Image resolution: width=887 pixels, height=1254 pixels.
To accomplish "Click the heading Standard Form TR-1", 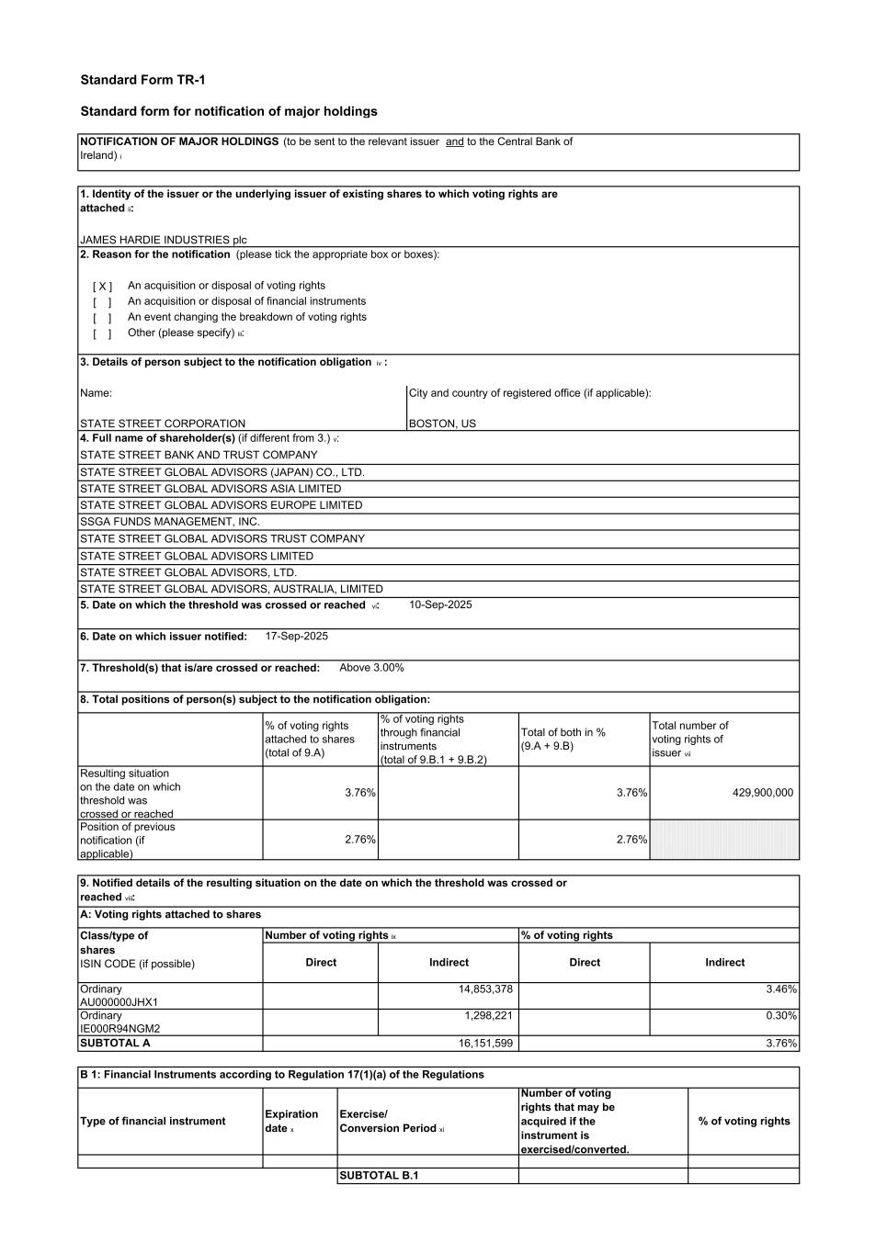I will click(142, 81).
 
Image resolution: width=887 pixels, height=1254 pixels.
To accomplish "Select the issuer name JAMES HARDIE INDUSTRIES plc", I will click(163, 240).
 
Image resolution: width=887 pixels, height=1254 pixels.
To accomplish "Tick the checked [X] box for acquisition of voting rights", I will click(102, 287).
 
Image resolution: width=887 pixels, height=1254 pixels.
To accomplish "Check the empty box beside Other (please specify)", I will click(102, 333).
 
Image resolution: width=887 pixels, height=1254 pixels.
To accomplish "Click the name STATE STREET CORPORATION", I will click(163, 424).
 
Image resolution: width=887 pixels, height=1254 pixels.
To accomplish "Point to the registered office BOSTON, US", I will click(442, 424).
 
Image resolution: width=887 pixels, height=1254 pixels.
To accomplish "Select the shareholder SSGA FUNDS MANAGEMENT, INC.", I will click(170, 522).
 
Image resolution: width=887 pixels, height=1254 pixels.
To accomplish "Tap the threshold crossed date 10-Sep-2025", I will click(440, 604).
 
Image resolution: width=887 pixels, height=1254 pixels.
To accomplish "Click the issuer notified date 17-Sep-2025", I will click(296, 636).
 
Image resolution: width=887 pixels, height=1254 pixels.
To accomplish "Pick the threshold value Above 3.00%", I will click(371, 668).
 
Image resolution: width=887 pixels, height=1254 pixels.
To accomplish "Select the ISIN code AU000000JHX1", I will click(119, 1002).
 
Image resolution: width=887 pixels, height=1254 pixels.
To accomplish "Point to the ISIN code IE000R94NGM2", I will click(119, 1029).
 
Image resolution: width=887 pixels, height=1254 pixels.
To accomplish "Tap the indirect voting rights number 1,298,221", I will click(488, 1016).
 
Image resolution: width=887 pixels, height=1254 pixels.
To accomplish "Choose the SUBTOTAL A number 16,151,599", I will click(485, 1044).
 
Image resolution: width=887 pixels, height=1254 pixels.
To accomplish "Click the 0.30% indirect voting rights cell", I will click(781, 1016).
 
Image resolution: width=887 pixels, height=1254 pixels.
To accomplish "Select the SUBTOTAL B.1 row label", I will click(379, 1176).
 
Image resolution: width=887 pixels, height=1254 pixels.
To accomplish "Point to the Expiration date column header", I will click(291, 1121).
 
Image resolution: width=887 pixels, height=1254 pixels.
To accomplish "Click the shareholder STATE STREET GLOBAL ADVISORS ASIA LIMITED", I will click(210, 489).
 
